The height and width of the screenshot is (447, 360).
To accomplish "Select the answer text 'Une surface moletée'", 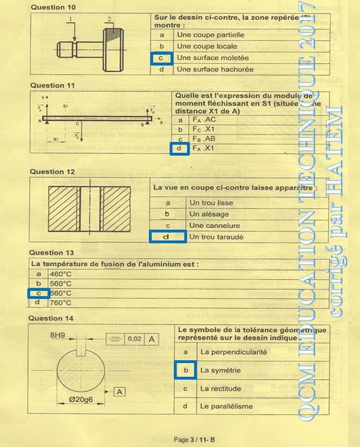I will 213,58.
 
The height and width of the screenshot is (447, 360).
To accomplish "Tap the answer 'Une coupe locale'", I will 207,46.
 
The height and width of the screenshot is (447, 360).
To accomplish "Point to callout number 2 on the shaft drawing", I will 109,19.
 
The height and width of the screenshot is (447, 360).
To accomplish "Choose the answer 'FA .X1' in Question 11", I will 203,149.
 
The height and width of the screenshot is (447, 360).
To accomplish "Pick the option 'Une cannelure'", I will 214,225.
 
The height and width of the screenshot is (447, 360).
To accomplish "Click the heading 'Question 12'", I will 52,172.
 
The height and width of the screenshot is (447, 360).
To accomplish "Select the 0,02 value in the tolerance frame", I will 135,339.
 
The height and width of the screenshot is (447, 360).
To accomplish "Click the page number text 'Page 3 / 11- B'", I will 194,440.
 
